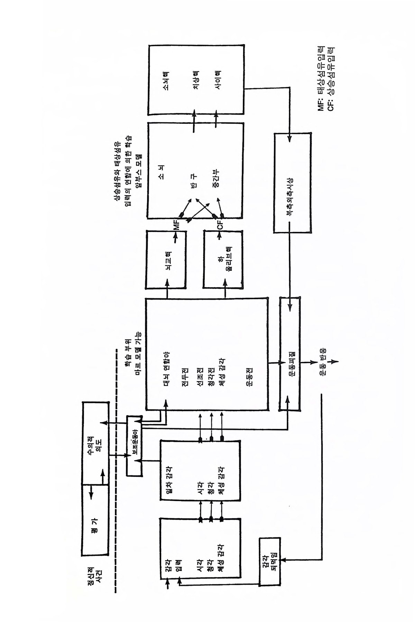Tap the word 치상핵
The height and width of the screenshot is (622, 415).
196,81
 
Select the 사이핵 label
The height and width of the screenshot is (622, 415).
218,81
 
